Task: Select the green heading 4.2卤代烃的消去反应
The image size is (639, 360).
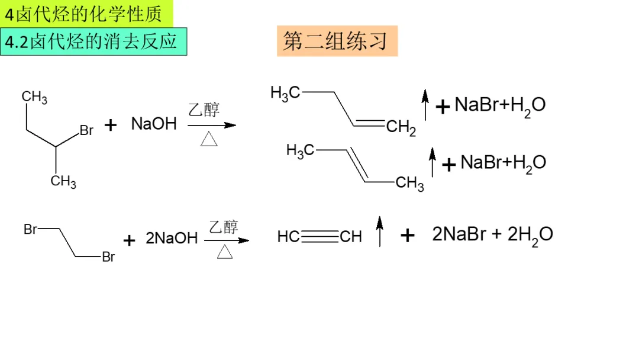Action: [93, 41]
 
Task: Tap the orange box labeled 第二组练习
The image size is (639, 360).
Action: [337, 41]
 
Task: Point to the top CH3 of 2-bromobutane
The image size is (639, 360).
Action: [34, 97]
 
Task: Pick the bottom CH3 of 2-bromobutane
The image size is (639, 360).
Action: [63, 181]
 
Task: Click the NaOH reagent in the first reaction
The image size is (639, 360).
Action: [154, 124]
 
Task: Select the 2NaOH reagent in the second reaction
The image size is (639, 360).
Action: [172, 239]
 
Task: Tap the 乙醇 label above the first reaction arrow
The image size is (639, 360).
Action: [204, 110]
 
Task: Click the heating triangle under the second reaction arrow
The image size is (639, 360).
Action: [225, 252]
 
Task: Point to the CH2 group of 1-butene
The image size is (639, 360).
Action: [402, 127]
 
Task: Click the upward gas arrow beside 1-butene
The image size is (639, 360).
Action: [425, 105]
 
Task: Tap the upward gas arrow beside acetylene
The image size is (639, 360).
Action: [380, 231]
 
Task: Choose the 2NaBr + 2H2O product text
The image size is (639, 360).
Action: [492, 234]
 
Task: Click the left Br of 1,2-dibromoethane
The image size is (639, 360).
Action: [31, 229]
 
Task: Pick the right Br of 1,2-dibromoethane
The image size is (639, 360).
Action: [108, 257]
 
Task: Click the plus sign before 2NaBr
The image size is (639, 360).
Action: [407, 236]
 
